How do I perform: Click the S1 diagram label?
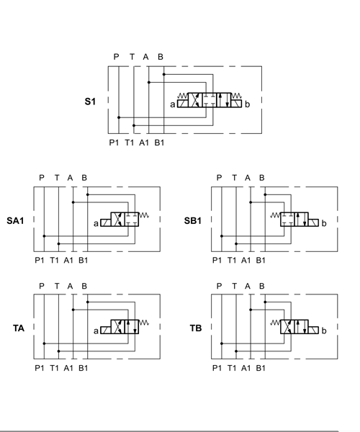[x=90, y=102]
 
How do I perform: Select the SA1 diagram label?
[x=15, y=221]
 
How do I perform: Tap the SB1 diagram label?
[x=192, y=221]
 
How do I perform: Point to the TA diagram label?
[x=19, y=328]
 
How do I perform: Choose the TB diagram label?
[x=196, y=328]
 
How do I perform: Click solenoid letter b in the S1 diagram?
[x=247, y=104]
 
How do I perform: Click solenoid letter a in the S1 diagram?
[x=172, y=104]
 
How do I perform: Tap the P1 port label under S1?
[x=114, y=143]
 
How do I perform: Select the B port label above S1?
[x=161, y=57]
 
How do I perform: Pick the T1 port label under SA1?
[x=54, y=260]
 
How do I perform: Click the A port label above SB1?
[x=248, y=178]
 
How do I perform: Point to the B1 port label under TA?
[x=84, y=368]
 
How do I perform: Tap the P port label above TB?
[x=219, y=286]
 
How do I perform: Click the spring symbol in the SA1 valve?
[x=144, y=215]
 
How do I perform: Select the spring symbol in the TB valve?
[x=275, y=323]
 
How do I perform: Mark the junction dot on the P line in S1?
[x=119, y=117]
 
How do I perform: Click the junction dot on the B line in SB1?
[x=265, y=195]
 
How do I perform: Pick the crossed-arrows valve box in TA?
[x=118, y=327]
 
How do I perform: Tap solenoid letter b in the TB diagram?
[x=324, y=330]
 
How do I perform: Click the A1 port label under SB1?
[x=246, y=260]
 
